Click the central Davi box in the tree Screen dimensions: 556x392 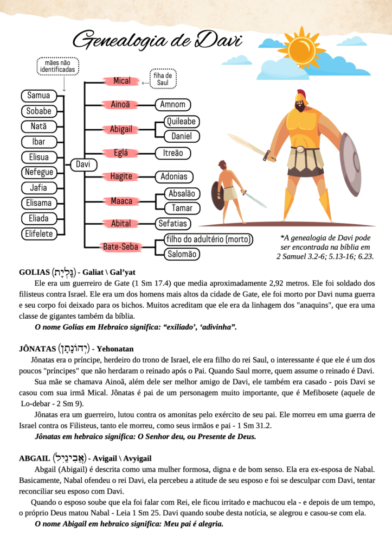click(x=83, y=164)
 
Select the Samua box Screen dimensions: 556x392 click(x=38, y=96)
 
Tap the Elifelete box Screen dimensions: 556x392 click(x=38, y=234)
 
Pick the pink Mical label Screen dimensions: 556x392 click(x=121, y=81)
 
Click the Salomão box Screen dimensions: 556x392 click(x=182, y=254)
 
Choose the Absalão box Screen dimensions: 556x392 click(x=182, y=194)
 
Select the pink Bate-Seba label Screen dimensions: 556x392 click(x=121, y=247)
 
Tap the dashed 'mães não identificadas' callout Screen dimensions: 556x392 click(x=59, y=67)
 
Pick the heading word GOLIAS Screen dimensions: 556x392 click(x=34, y=271)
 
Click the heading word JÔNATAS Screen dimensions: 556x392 click(x=37, y=348)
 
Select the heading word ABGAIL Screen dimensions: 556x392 click(x=34, y=458)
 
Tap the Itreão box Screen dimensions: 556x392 click(x=173, y=153)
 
